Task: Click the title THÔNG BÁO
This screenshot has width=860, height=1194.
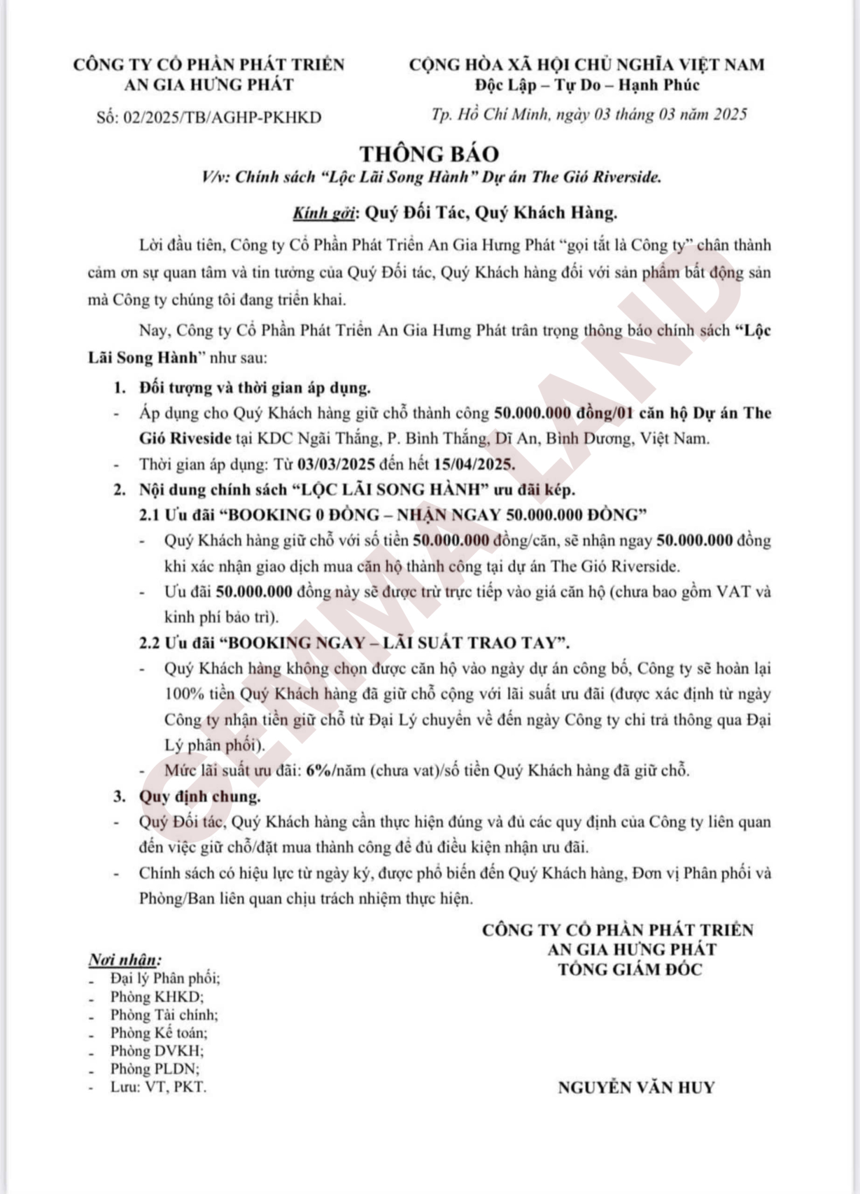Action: pos(429,154)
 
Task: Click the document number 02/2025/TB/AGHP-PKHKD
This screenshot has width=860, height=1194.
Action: pos(222,117)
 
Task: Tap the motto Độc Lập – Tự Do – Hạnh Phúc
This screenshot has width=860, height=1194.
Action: pos(587,85)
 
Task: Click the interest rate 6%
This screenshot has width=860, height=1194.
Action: pos(318,771)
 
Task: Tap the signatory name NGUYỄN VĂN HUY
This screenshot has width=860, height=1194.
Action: pos(636,1088)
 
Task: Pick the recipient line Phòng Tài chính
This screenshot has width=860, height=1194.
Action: pos(164,1014)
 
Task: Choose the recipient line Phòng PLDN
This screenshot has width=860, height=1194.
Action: pos(155,1069)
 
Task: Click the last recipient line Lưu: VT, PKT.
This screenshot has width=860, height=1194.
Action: pos(159,1087)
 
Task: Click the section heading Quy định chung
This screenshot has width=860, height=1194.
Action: pos(199,796)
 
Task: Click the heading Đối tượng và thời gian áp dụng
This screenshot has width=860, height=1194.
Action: pos(255,388)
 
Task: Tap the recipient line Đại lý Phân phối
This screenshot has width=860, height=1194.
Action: pos(165,978)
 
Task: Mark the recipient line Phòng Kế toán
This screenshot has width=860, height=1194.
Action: pos(159,1033)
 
